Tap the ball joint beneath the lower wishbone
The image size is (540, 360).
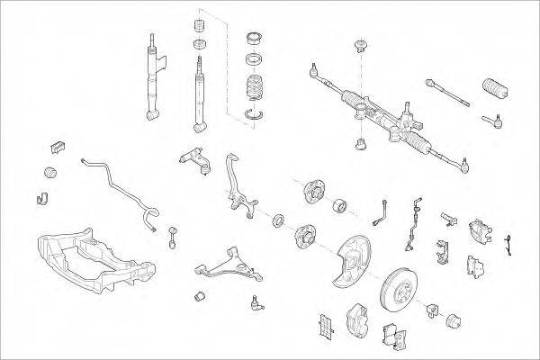[256, 303]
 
